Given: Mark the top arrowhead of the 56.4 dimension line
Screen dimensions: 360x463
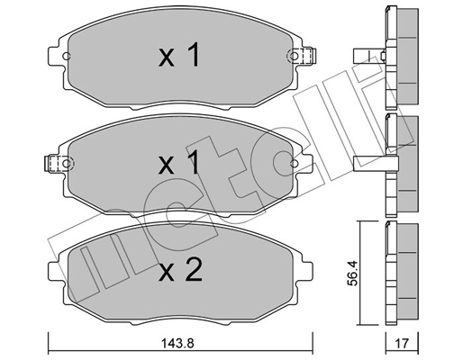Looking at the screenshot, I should (x=364, y=224).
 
